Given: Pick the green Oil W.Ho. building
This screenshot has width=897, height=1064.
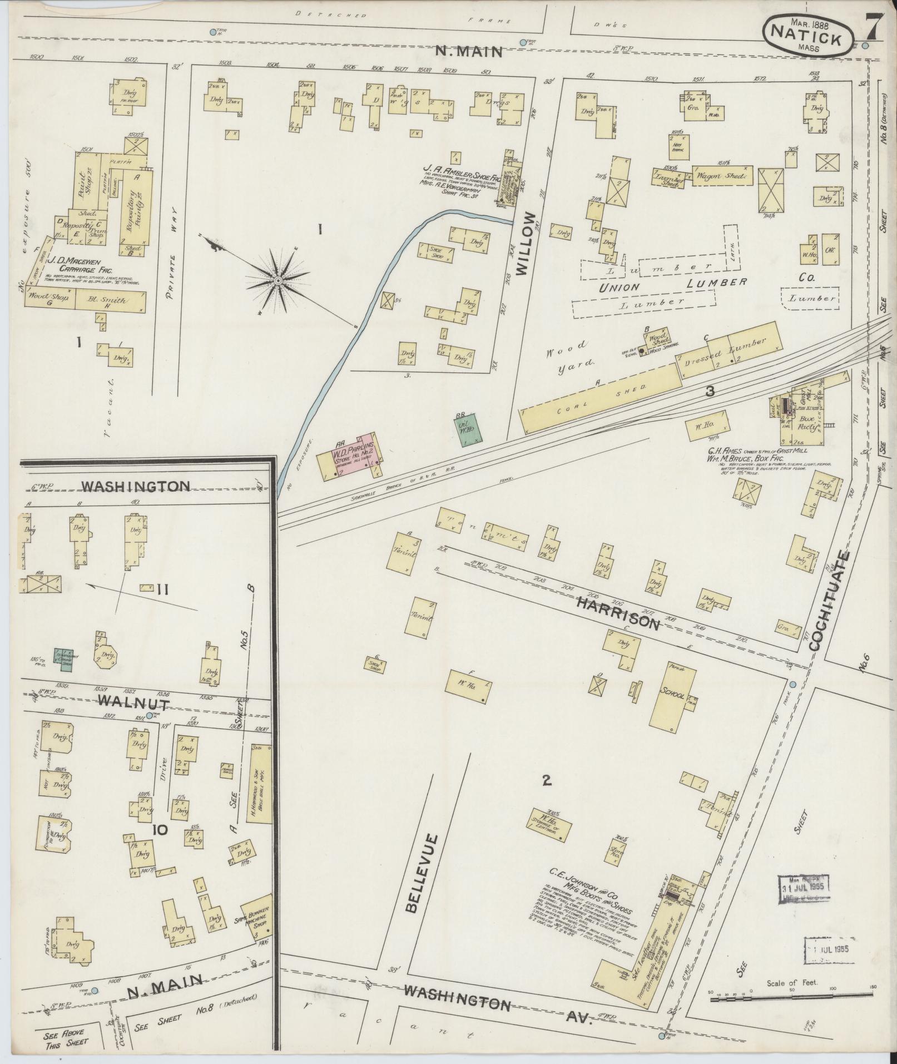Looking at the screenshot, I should pyautogui.click(x=468, y=427).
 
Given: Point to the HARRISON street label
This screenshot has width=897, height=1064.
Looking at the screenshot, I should pyautogui.click(x=617, y=613).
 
